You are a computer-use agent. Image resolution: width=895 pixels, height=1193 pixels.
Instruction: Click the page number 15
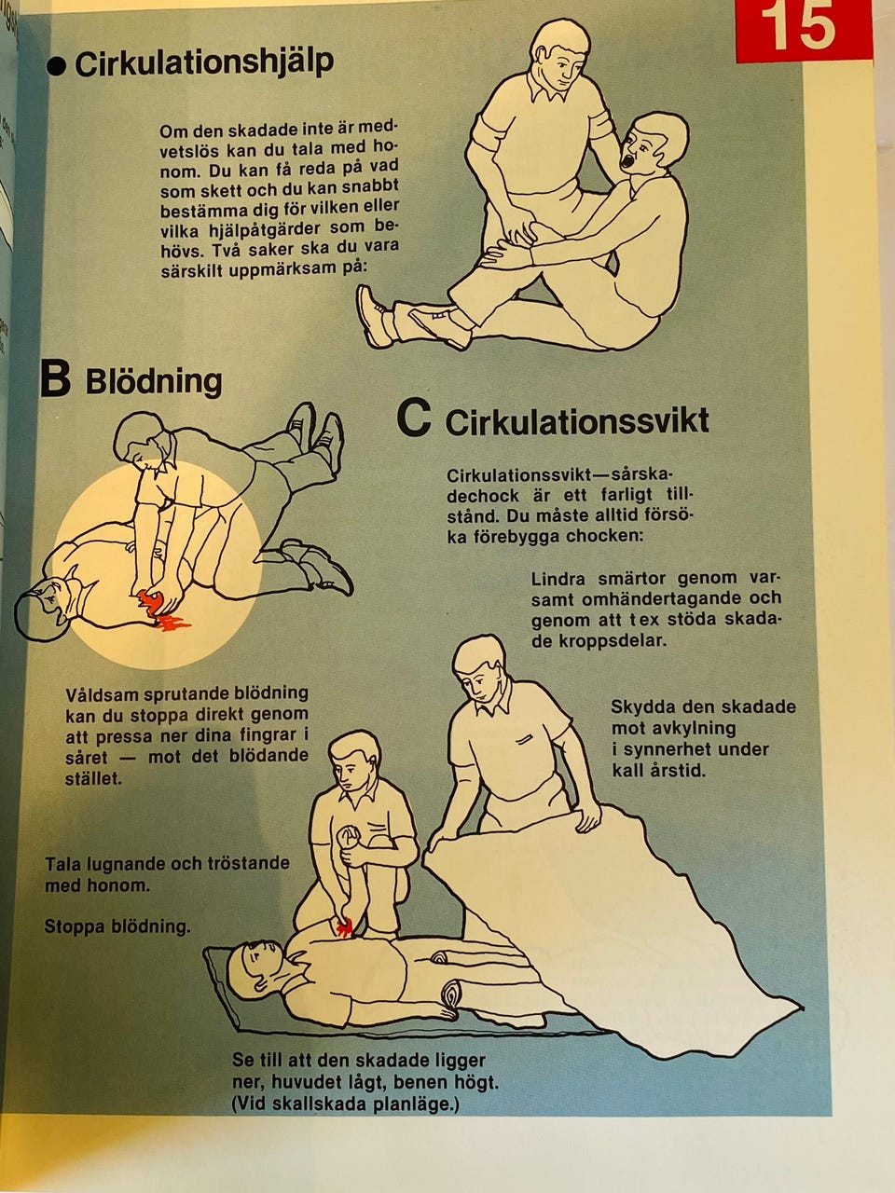[x=797, y=25]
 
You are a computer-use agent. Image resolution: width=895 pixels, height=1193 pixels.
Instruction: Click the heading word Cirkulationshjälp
[x=204, y=63]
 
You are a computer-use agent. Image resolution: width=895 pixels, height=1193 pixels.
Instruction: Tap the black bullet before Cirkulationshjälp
[x=56, y=67]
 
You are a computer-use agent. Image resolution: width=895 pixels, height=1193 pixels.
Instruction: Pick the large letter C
[x=414, y=418]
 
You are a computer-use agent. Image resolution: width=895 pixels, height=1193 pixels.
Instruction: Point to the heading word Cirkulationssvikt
[x=577, y=421]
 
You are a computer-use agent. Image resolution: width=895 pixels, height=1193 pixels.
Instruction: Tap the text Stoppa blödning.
[x=117, y=926]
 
